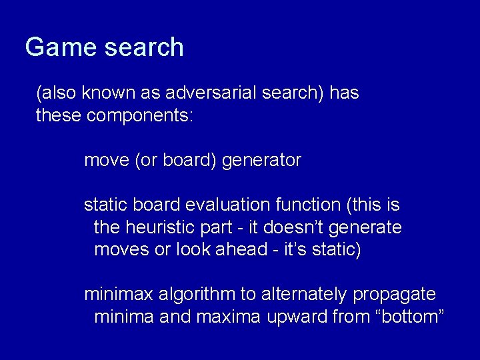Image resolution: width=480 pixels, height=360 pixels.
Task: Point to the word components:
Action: [139, 116]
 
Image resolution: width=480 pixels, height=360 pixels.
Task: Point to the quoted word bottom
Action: [410, 317]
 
